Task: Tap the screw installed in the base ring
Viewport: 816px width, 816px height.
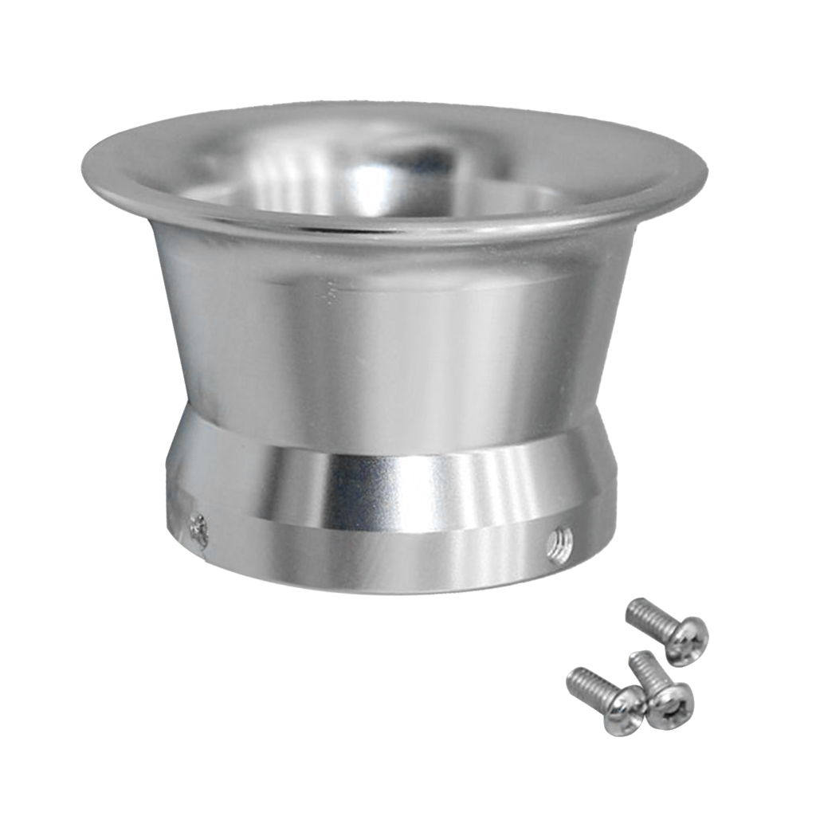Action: (x=198, y=530)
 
